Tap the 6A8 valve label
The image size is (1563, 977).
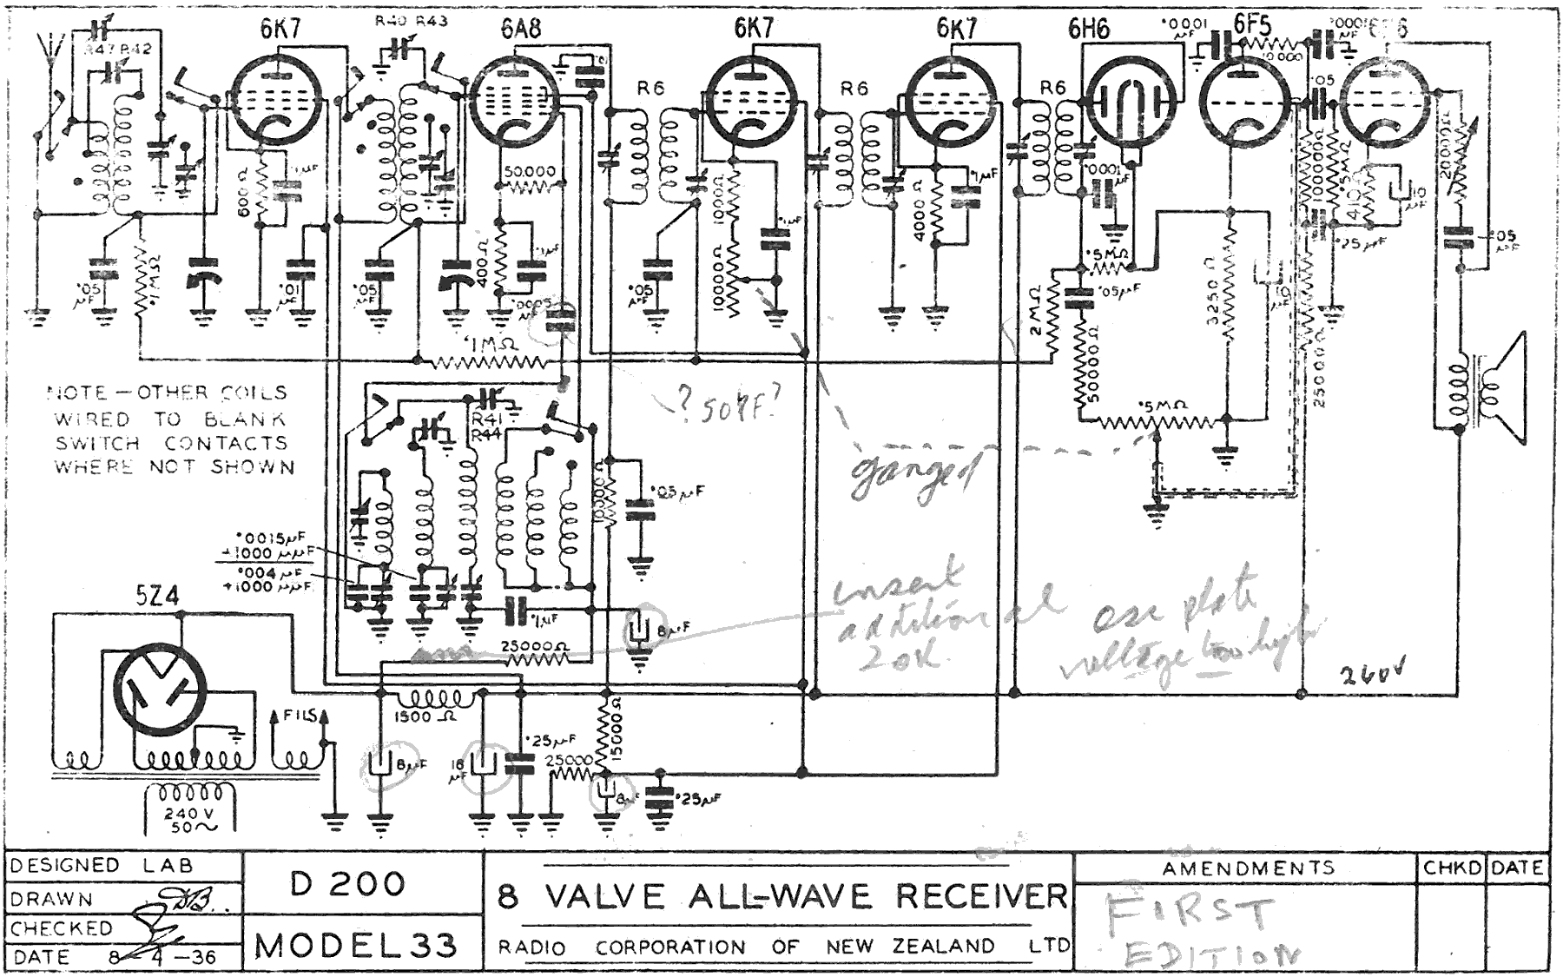pos(520,29)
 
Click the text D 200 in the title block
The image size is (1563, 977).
pos(347,884)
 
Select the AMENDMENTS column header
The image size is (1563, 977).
pos(1248,868)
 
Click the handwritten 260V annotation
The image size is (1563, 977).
pos(1370,673)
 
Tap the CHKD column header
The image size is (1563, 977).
pos(1452,868)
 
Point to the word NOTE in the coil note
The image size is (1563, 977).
pos(77,393)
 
